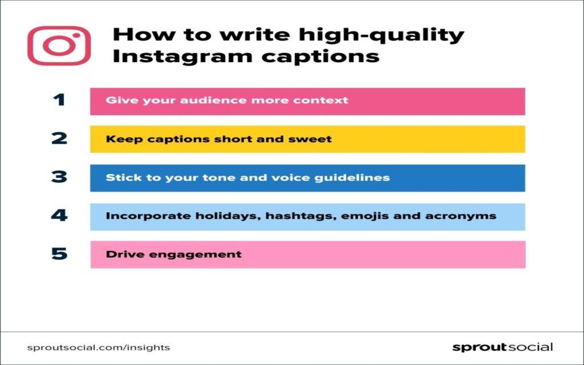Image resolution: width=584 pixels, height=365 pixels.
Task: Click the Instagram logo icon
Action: tap(59, 46)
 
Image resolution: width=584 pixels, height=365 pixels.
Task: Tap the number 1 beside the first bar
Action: tap(59, 101)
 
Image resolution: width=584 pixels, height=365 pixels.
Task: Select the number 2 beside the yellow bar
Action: tap(59, 139)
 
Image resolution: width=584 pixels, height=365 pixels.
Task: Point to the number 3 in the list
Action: tap(59, 177)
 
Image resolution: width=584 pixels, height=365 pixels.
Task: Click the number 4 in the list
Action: tap(59, 216)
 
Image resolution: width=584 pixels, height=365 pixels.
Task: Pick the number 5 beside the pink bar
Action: tap(59, 254)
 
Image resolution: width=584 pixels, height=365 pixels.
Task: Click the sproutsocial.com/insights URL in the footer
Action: tap(98, 347)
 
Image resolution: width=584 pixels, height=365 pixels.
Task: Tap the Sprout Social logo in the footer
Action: tap(502, 347)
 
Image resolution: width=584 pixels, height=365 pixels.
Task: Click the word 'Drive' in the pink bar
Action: tap(123, 254)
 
